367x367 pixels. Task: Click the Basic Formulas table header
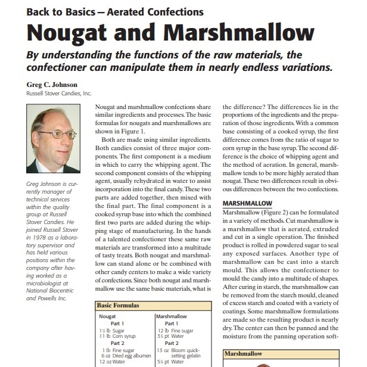[x=118, y=305]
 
